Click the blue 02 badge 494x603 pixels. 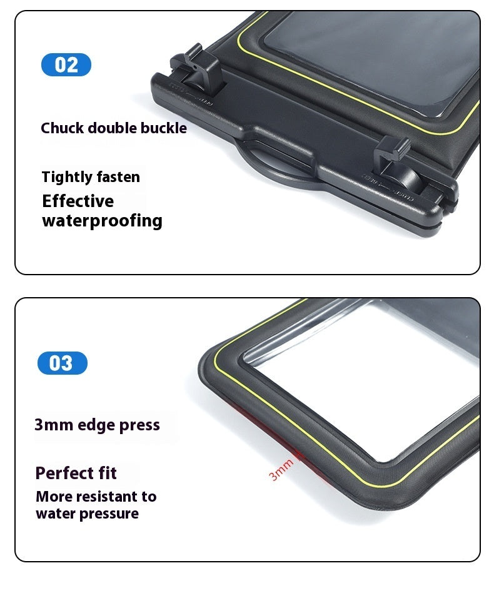[66, 64]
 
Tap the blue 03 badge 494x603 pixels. [63, 363]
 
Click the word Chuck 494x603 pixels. [63, 128]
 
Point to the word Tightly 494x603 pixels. [67, 177]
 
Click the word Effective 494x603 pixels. [78, 201]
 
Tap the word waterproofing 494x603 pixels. [103, 221]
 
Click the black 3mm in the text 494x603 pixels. [54, 425]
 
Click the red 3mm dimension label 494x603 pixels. [281, 470]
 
